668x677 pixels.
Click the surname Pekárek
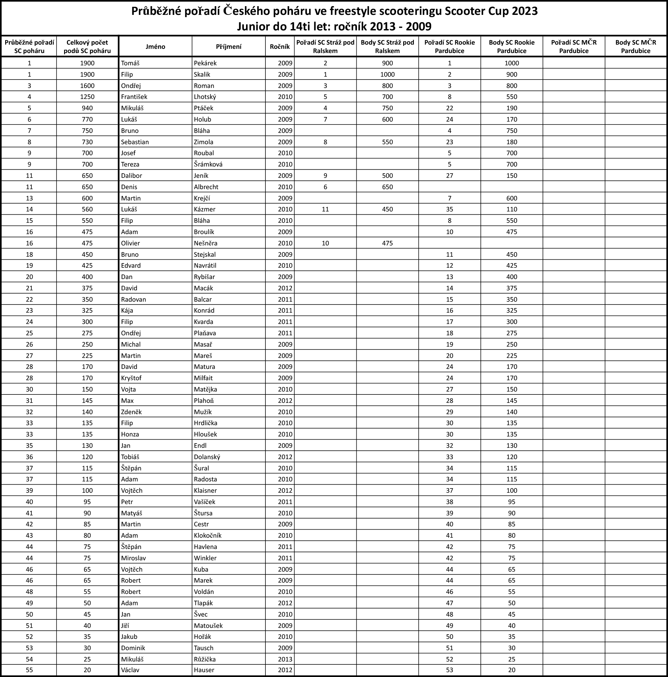coord(205,63)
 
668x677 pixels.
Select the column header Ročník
coord(280,47)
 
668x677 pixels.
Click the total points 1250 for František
coord(87,97)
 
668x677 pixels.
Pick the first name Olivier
coord(130,243)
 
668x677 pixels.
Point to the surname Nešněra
coord(206,243)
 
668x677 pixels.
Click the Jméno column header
coord(155,47)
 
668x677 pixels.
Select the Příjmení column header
coord(229,47)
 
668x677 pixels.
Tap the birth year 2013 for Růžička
coord(285,659)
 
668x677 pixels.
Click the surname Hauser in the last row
coord(204,670)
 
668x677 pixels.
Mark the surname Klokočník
coord(208,535)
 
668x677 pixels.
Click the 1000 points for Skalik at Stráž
coord(387,74)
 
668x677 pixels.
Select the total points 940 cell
coord(87,108)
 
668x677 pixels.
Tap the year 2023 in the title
coord(524,11)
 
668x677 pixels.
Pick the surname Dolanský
coord(207,457)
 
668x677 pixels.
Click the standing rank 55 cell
coord(29,670)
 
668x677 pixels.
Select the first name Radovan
coord(134,299)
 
